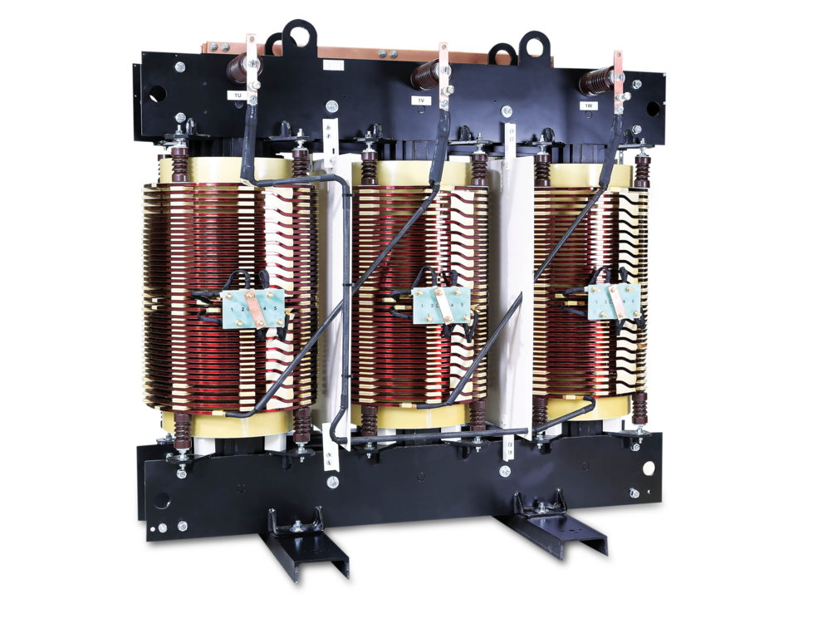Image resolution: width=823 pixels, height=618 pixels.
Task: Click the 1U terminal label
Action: click(238, 96)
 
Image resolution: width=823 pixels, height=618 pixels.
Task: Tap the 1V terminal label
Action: click(421, 101)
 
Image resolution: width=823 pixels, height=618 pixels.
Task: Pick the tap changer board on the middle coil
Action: click(441, 306)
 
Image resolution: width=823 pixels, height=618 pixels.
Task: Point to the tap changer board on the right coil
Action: click(615, 301)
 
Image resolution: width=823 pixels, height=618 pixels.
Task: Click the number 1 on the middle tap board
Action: click(424, 306)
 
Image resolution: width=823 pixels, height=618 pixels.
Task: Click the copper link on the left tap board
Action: click(252, 308)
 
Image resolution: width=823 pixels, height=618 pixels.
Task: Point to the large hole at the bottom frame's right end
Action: click(649, 468)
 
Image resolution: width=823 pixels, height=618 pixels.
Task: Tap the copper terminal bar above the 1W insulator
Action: click(618, 71)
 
